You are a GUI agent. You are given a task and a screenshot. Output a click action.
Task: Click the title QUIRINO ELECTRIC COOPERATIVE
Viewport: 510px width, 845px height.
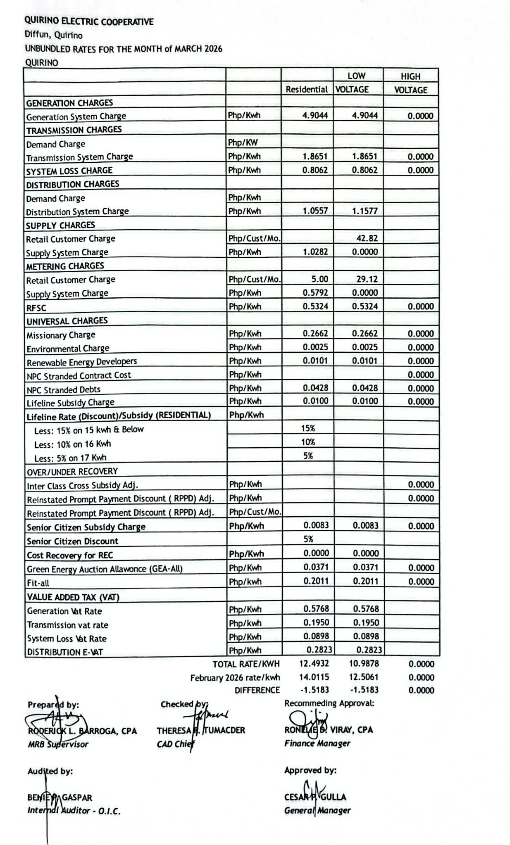coord(89,21)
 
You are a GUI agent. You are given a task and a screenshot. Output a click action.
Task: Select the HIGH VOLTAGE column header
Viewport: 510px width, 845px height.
coord(410,83)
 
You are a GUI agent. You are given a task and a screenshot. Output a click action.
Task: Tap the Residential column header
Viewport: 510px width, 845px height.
coord(307,89)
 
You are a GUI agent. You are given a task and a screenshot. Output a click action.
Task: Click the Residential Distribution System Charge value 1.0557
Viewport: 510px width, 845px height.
coord(315,211)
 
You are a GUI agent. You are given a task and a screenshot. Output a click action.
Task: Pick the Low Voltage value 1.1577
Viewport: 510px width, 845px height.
coord(365,211)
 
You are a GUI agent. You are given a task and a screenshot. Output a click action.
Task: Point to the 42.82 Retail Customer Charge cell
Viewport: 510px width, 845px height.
coord(367,238)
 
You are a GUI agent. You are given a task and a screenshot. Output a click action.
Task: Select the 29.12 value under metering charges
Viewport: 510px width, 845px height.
coord(367,279)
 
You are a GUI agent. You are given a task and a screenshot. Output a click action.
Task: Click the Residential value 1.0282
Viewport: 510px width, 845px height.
coord(315,252)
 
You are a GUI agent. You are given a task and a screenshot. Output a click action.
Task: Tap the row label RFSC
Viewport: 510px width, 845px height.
coord(36,308)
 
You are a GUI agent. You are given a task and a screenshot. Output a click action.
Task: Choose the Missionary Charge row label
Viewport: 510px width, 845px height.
coord(61,335)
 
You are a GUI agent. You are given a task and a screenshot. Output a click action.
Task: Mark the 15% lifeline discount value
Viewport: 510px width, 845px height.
coord(308,428)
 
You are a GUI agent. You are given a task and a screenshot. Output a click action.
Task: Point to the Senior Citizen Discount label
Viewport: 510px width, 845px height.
coord(72,541)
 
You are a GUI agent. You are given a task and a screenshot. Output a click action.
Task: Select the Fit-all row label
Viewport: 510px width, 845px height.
coord(38,583)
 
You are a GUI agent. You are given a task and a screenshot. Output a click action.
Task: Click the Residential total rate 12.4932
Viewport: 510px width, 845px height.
coord(314,664)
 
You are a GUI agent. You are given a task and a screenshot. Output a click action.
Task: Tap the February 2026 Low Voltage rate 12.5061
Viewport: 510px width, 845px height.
coord(364,677)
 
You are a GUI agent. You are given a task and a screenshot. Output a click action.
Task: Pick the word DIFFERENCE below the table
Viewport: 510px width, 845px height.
coord(257,690)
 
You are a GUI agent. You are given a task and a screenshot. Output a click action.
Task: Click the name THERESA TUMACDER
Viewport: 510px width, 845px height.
coord(201,730)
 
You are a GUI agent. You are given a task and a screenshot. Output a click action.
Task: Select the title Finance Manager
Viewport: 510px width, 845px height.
coord(317,743)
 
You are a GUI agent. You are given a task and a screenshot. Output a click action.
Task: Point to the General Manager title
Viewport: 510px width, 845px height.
coord(317,810)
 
